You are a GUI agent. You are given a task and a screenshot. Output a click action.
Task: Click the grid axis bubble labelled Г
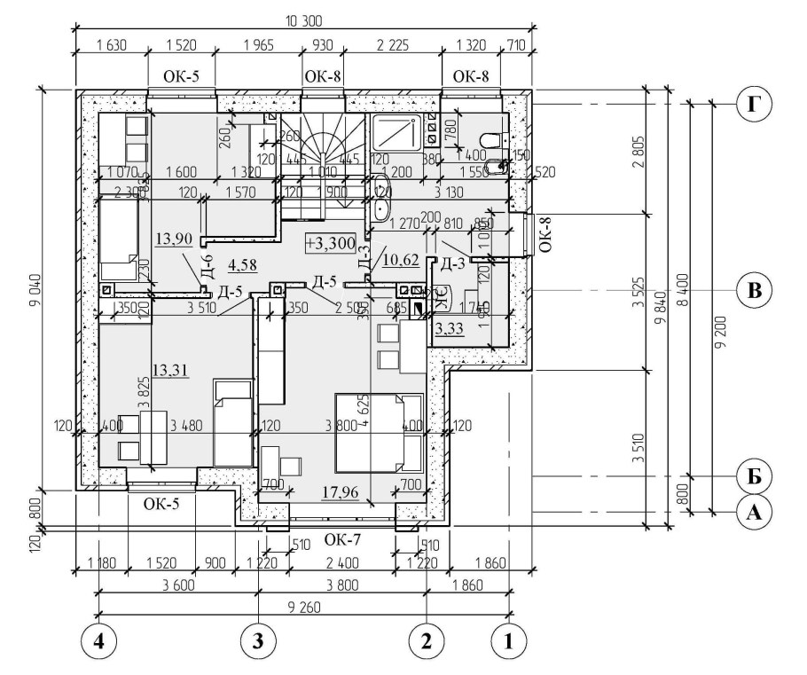(754, 105)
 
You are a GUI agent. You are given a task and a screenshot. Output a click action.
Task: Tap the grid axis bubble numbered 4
(98, 640)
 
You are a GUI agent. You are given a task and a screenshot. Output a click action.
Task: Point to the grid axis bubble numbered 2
(427, 640)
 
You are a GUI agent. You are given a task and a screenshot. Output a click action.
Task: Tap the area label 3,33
(449, 330)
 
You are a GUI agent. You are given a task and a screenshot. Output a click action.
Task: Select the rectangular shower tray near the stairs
(397, 133)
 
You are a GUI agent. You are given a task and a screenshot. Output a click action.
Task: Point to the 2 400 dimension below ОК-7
(339, 562)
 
